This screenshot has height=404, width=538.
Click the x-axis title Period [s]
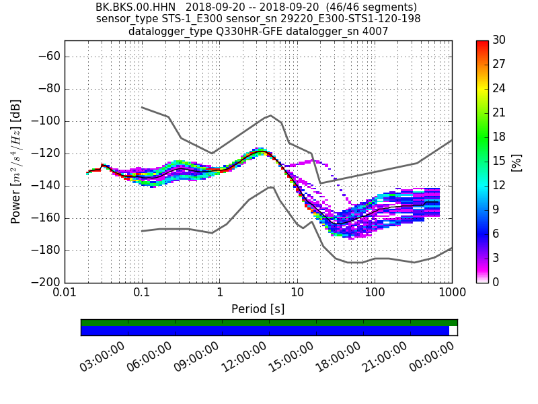click(258, 309)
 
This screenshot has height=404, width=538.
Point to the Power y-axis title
click(16, 162)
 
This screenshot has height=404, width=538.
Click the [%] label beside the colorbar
click(516, 162)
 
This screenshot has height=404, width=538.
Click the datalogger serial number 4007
click(376, 32)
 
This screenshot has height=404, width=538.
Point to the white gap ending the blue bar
click(453, 331)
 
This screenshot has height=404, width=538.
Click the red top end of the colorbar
click(482, 43)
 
